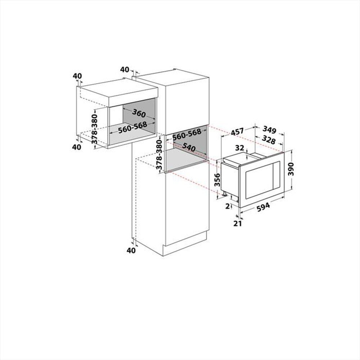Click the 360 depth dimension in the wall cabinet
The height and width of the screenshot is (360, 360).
139,113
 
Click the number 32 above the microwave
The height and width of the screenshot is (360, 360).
240,148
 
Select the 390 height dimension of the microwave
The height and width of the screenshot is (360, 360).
292,168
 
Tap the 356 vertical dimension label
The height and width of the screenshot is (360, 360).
217,179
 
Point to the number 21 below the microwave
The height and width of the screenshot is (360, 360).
237,224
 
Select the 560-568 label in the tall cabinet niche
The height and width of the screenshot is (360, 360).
186,135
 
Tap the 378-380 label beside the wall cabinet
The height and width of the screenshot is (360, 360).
94,129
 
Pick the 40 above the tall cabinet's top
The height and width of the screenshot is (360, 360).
125,69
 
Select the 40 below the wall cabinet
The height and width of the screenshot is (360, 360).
77,147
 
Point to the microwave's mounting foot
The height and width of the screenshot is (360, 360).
225,194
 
